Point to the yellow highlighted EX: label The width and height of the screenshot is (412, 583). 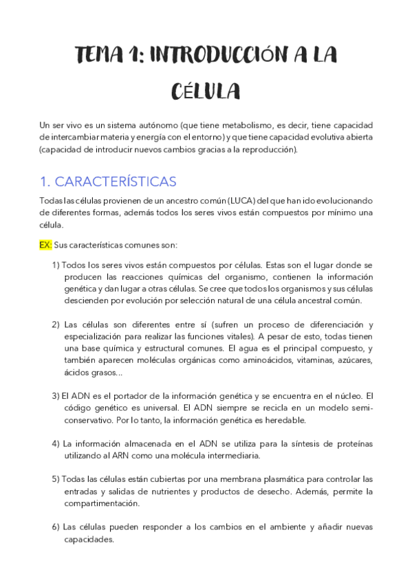pyautogui.click(x=45, y=245)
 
